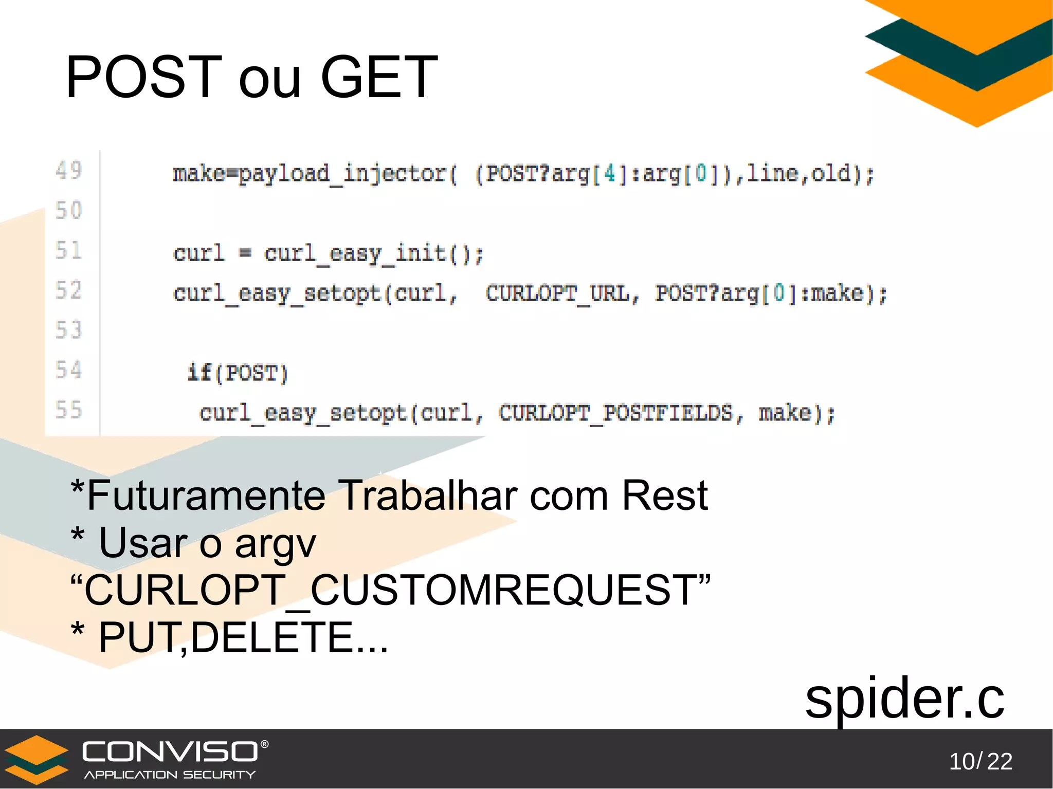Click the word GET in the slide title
pos(379,77)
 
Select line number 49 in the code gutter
pos(69,170)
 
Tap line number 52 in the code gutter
pos(69,290)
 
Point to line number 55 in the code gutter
pos(69,410)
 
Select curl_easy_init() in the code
pos(374,254)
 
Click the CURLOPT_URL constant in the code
pos(558,294)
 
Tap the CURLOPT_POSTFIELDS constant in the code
pos(615,413)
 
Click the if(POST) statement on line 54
pos(238,373)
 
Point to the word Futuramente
pos(206,496)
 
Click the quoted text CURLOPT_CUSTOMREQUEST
pos(391,590)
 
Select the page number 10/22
pos(981,761)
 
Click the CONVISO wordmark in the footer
pos(171,751)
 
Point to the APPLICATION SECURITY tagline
pos(170,775)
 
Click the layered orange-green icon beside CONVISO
pos(36,759)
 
